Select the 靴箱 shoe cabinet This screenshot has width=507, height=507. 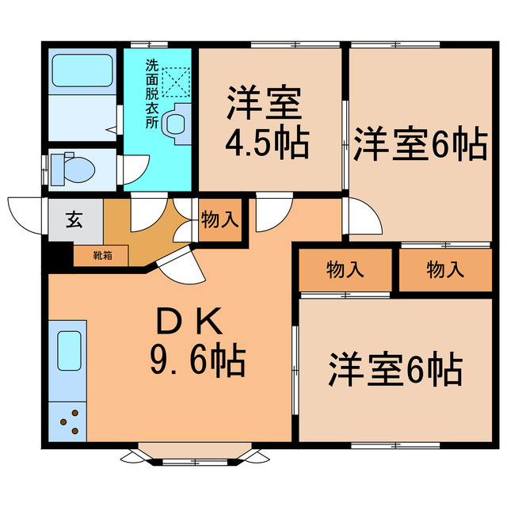click(x=101, y=256)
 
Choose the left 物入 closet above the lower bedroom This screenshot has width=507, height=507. click(x=345, y=270)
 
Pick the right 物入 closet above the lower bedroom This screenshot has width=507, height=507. click(x=445, y=270)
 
